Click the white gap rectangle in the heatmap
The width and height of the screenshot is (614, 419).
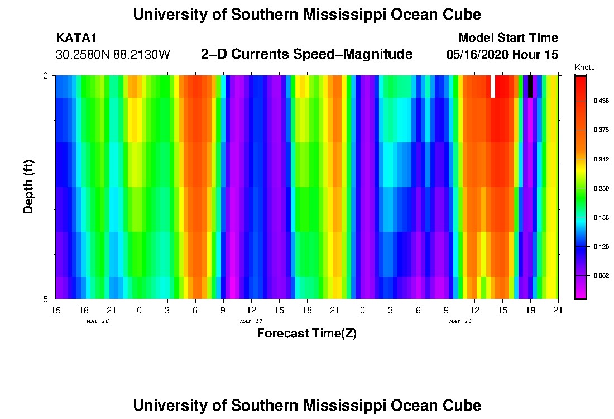point(493,87)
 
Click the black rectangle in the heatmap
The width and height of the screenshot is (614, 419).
point(530,87)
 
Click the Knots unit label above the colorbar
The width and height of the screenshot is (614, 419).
point(584,68)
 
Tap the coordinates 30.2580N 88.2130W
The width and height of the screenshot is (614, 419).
point(113,55)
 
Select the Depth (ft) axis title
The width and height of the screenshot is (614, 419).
point(29,187)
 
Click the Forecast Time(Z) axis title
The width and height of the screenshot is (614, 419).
point(306,334)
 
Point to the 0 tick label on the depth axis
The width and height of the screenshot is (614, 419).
point(46,75)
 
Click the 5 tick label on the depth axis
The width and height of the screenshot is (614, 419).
point(46,299)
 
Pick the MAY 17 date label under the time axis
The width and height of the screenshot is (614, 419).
point(251,321)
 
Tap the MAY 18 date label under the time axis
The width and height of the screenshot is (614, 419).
point(461,321)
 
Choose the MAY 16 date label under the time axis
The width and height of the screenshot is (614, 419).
point(98,321)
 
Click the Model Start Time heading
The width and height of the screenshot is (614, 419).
point(507,38)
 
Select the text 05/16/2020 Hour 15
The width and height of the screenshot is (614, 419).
point(502,55)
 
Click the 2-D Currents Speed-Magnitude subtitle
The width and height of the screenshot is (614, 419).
point(306,54)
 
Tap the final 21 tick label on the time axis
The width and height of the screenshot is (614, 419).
point(558,310)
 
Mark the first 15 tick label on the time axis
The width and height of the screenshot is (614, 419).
point(56,310)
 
